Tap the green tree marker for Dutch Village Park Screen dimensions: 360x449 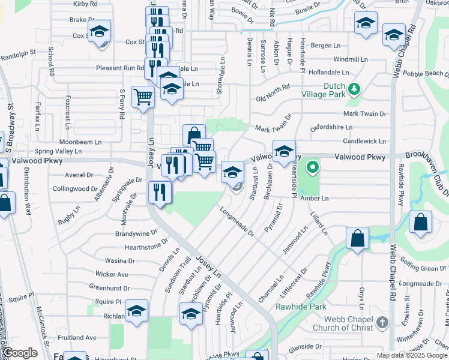(x=354, y=89)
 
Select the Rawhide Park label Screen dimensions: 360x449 (x=301, y=307)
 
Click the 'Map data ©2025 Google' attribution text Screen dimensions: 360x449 (x=412, y=355)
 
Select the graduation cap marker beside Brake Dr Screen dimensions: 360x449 (x=100, y=32)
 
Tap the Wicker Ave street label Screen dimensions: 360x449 (x=112, y=274)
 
